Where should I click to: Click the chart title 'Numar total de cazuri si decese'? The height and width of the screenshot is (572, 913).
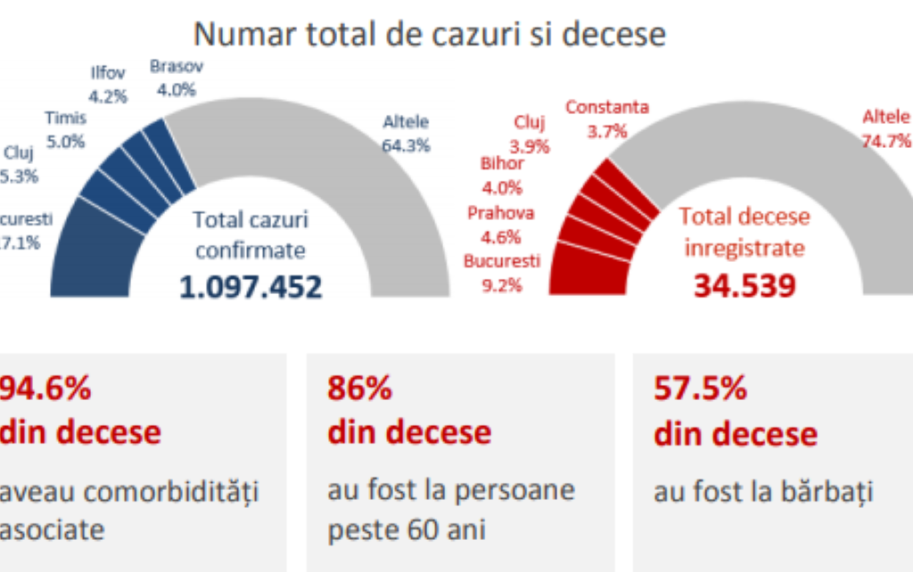[x=430, y=34]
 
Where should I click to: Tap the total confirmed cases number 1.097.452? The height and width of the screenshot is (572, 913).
[x=251, y=287]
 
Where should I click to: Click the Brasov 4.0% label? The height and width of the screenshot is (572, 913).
[x=177, y=78]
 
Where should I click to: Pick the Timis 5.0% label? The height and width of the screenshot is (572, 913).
[x=64, y=128]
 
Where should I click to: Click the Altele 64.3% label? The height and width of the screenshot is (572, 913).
[x=406, y=132]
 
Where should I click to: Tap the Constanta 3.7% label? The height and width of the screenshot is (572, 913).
[x=606, y=118]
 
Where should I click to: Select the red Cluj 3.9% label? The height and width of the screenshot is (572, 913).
[x=529, y=134]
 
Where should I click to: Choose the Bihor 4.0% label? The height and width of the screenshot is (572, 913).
[x=502, y=175]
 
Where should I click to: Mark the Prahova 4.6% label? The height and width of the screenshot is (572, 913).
[x=500, y=225]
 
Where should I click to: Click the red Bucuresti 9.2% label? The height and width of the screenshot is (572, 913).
[x=502, y=274]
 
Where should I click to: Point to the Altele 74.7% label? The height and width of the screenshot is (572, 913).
[x=885, y=128]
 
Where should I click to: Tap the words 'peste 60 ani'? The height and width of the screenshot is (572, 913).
[x=407, y=530]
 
